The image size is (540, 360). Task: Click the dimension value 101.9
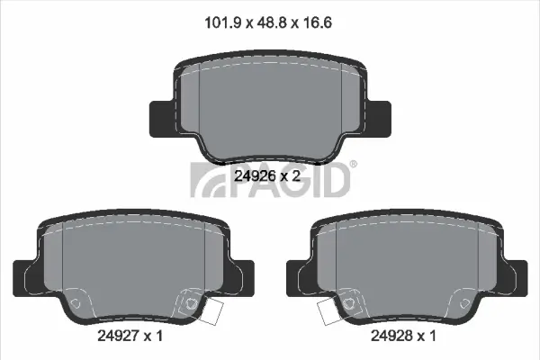222,23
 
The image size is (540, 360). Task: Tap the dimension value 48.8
272,23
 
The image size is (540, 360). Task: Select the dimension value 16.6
318,23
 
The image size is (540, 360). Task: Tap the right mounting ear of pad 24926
379,119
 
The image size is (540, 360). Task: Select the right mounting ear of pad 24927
242,278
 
